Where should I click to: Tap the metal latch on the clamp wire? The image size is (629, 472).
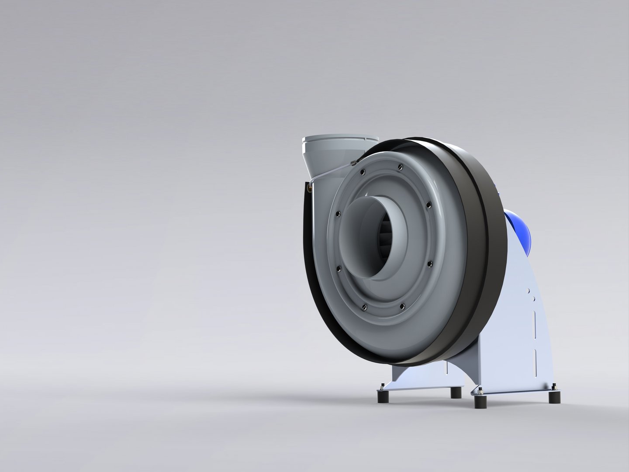pyautogui.click(x=353, y=163)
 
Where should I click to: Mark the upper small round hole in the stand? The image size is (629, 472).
pyautogui.click(x=529, y=290)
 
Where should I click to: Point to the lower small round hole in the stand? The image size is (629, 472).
pyautogui.click(x=532, y=300)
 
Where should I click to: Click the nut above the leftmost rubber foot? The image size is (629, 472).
pyautogui.click(x=383, y=385)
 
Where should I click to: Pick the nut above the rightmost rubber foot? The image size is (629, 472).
pyautogui.click(x=555, y=385)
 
